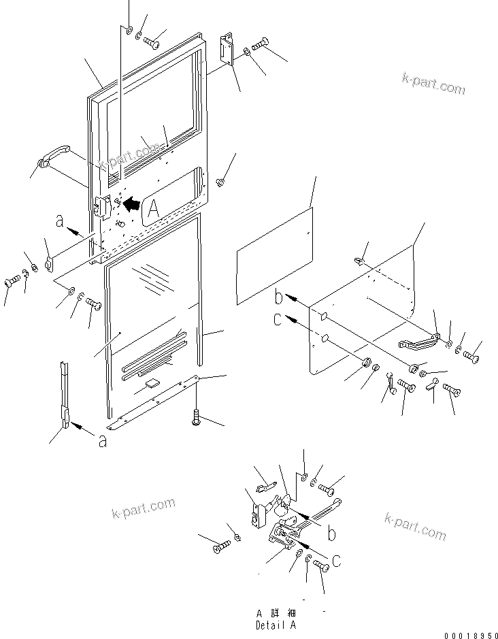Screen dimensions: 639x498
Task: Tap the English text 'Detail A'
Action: [276, 625]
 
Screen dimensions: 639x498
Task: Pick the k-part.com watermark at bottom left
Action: [142, 508]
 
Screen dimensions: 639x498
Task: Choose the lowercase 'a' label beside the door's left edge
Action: [61, 221]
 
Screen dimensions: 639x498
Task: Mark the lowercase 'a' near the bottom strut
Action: [102, 441]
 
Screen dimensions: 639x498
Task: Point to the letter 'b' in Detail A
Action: [331, 535]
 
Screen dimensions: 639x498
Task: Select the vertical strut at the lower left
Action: [65, 395]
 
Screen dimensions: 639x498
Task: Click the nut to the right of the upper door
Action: [220, 182]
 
